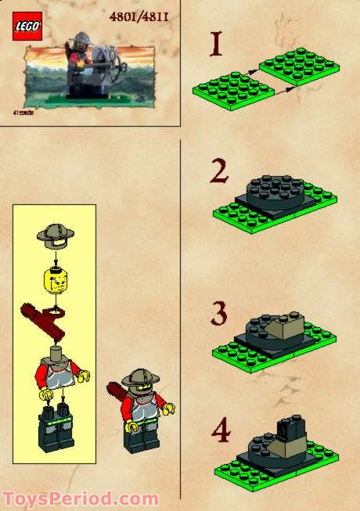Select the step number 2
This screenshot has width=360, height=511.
[218, 170]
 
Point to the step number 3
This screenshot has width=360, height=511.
[219, 314]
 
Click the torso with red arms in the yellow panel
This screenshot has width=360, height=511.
[55, 372]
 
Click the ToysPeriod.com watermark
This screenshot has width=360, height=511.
[81, 498]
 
